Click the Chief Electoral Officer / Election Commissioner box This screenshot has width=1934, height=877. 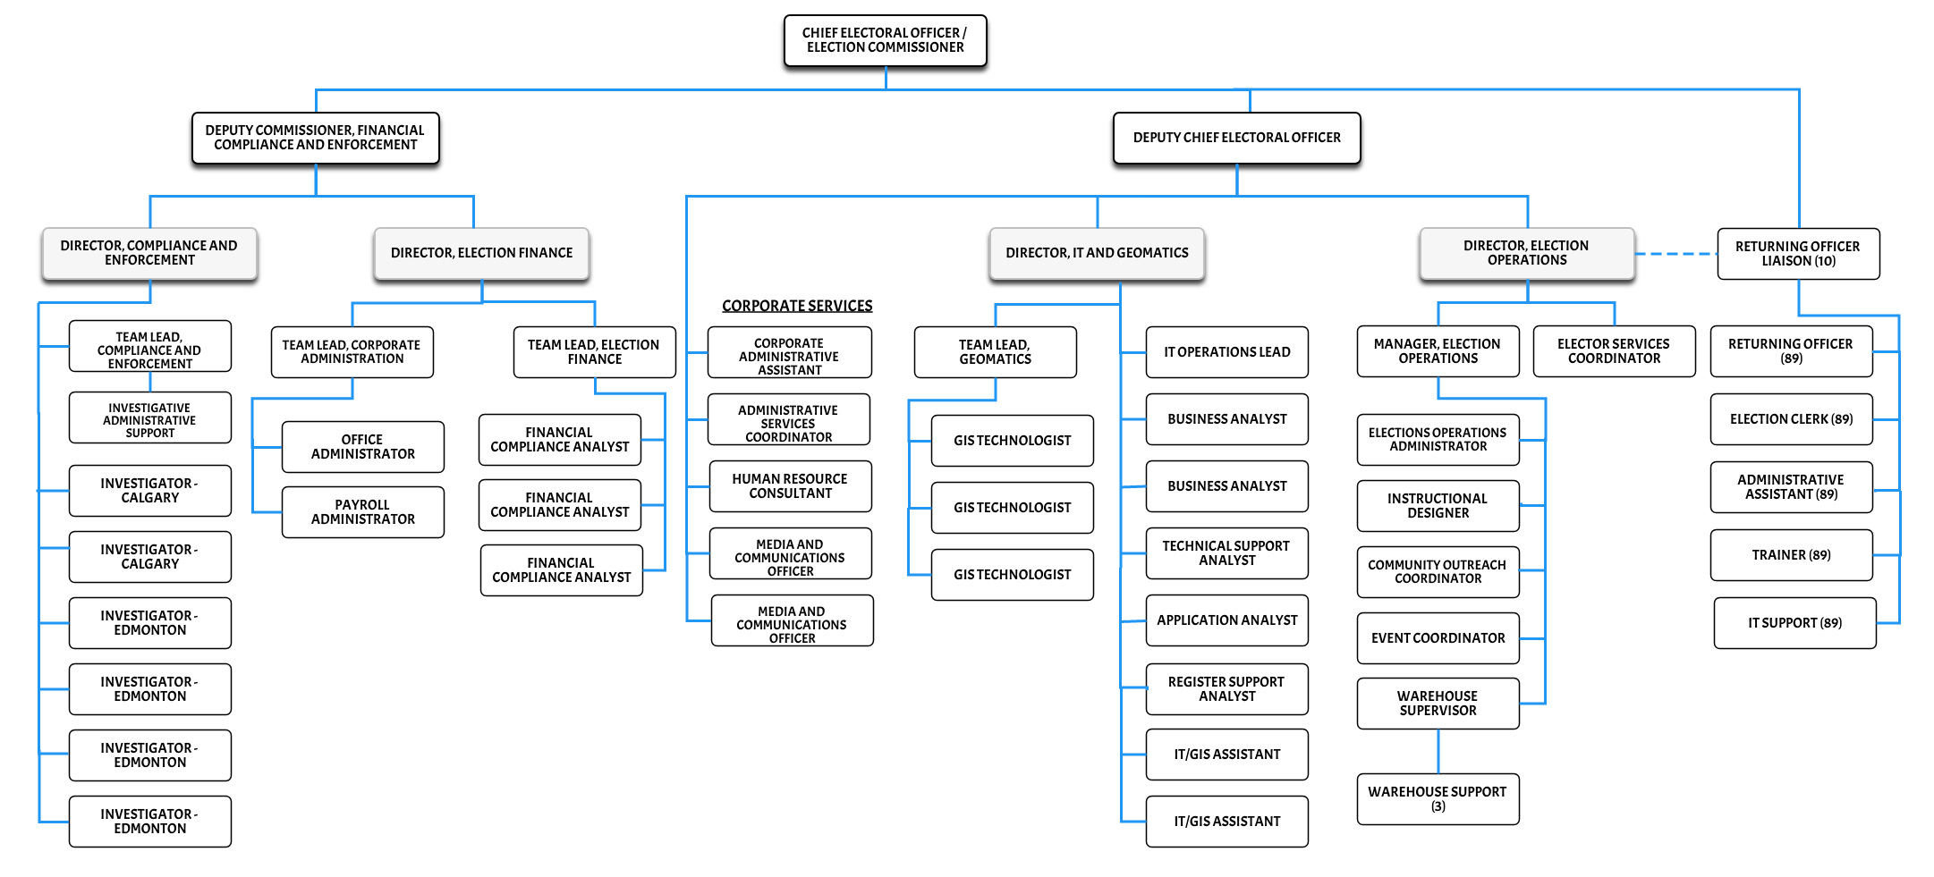point(885,40)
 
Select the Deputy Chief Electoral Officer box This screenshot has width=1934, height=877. point(1236,138)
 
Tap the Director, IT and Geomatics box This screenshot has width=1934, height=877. point(1097,253)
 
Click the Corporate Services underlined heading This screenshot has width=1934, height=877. point(797,306)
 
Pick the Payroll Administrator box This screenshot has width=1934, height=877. point(362,512)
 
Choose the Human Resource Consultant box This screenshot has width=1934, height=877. point(790,486)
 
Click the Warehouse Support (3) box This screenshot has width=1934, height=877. point(1438,798)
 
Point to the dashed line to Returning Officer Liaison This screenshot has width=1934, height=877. point(1675,254)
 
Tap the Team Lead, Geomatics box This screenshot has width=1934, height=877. point(995,352)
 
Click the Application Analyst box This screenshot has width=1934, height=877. point(1226,620)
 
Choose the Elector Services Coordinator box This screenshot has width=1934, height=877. point(1614,351)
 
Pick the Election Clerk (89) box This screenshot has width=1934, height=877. point(1791,419)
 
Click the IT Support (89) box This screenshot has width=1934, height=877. point(1794,623)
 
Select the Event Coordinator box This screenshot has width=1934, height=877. point(1438,638)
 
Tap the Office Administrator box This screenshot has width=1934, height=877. point(362,447)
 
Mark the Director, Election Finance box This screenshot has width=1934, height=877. point(481,253)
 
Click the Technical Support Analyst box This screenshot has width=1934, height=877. point(1226,553)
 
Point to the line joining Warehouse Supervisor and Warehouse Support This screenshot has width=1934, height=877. point(1438,751)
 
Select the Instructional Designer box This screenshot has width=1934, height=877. point(1438,506)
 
